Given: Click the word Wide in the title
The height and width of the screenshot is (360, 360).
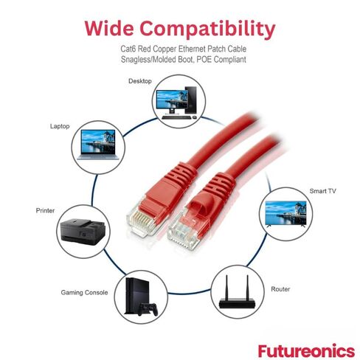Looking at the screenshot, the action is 109,28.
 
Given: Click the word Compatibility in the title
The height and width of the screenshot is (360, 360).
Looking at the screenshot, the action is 207,30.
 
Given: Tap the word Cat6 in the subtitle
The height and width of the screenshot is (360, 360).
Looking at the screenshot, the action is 128,49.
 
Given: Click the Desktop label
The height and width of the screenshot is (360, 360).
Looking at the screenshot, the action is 140,81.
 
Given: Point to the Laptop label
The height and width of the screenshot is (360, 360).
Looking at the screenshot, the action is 60,126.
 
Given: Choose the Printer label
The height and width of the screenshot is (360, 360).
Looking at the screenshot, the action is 45,210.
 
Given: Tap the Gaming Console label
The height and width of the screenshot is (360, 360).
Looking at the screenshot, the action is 84,292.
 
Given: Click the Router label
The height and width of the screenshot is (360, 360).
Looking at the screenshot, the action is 280,289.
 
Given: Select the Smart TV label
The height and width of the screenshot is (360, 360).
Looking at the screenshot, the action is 322,191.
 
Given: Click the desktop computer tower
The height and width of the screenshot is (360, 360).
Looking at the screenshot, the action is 191,100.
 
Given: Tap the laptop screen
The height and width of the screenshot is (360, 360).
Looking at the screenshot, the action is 98,142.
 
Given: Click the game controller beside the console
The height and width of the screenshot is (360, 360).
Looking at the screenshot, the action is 148,309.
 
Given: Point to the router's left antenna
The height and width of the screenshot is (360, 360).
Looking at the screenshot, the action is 226,287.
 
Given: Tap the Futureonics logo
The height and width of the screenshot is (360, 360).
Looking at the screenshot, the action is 306,350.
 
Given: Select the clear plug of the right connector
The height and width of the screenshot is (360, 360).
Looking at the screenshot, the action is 183,230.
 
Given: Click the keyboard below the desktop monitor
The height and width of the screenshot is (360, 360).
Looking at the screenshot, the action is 176,117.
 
